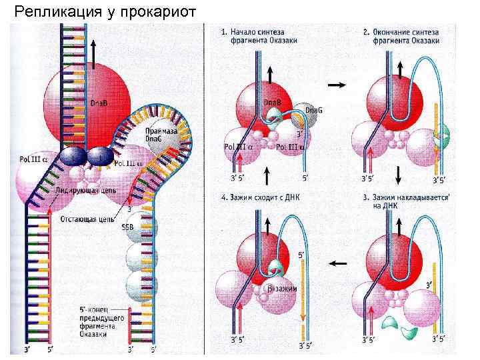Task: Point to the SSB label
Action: click(x=127, y=227)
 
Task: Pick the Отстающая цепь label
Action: click(x=86, y=218)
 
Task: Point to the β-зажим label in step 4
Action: click(x=281, y=288)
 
